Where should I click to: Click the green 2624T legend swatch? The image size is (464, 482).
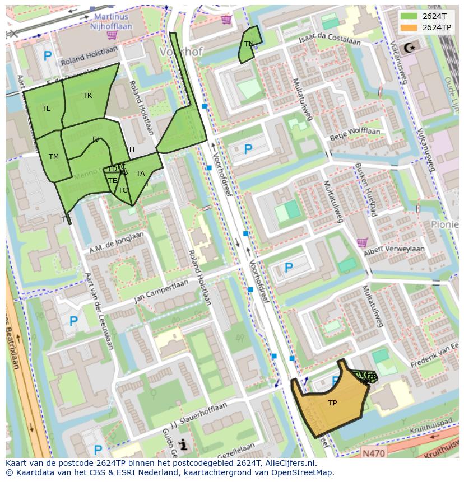pos(409,16)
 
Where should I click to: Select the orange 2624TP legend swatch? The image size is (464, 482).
pos(409,27)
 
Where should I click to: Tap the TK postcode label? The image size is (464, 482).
pos(87,96)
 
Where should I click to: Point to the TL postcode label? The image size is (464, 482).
pos(46,109)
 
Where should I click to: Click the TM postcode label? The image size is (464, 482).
pos(54,157)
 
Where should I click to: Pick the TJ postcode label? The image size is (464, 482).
pos(95,139)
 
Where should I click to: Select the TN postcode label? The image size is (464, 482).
pos(249,44)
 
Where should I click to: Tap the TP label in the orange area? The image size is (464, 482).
pos(332,403)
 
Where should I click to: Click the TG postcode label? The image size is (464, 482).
pos(123,190)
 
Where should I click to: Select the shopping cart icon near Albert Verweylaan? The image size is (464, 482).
pos(362,242)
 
